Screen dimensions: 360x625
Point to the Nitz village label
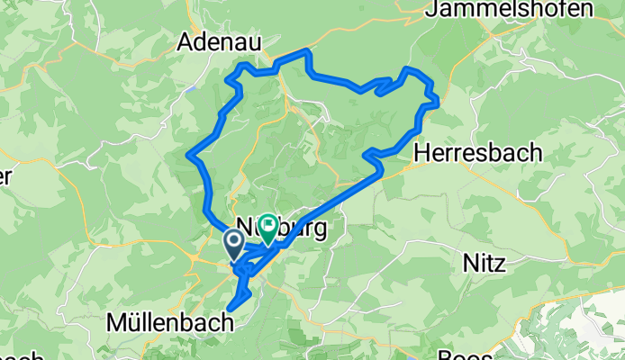484,265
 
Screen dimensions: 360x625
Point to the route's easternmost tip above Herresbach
438,102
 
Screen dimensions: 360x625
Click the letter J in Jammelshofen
431,9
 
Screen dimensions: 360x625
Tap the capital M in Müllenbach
116,322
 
